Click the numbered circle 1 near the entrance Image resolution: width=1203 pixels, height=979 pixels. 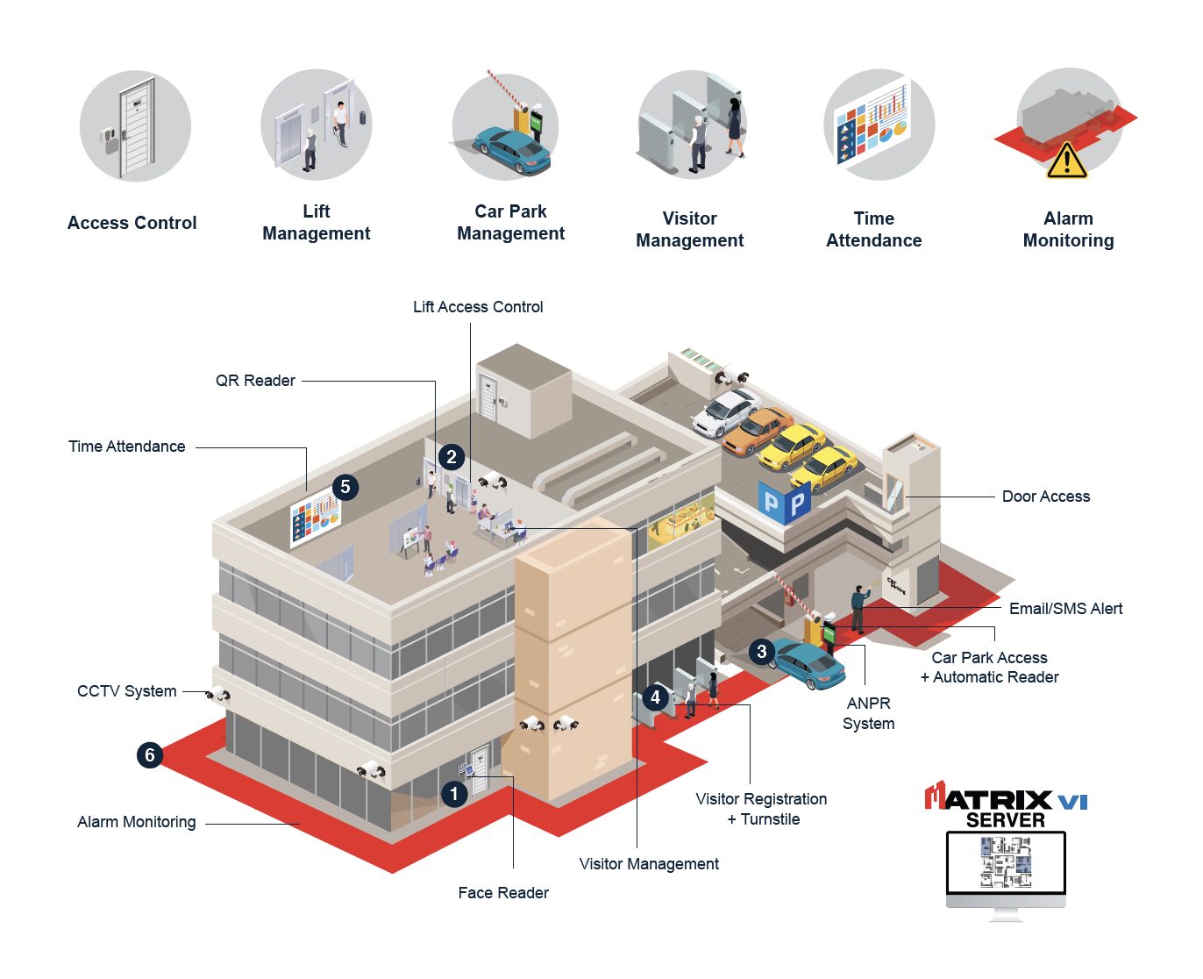click(x=454, y=795)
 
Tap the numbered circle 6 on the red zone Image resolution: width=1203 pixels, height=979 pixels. click(x=150, y=754)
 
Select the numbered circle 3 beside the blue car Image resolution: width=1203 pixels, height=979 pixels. click(x=762, y=651)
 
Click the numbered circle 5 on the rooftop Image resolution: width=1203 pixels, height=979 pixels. click(x=345, y=487)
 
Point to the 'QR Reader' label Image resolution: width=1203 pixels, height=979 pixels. click(x=255, y=381)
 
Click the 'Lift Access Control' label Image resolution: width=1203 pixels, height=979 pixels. click(x=478, y=307)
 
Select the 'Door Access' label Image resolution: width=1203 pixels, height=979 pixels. click(x=1045, y=497)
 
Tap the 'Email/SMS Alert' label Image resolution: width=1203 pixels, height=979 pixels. click(x=1065, y=609)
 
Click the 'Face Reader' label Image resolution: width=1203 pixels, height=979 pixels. click(x=503, y=893)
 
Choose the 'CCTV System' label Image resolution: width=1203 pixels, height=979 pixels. click(x=127, y=691)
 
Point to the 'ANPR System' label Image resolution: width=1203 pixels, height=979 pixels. click(x=868, y=713)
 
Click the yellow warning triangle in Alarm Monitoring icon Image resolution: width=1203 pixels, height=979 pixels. click(x=1066, y=161)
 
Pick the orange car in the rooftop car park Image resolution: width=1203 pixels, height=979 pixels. click(x=758, y=430)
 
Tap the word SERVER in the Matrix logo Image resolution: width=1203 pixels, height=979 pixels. click(x=1006, y=820)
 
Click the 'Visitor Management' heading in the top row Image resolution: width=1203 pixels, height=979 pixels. click(x=690, y=229)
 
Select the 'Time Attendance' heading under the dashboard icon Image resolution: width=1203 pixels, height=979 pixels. click(x=874, y=229)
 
